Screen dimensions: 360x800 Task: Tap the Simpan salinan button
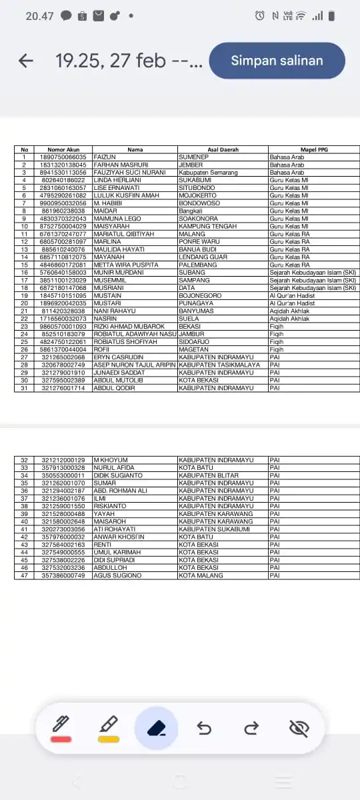[277, 61]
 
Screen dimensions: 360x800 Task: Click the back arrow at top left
[26, 61]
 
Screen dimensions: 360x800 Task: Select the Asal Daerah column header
[223, 150]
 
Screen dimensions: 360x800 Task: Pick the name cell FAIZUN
[106, 157]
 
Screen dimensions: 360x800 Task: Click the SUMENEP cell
[194, 157]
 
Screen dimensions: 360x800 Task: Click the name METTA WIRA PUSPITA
[126, 265]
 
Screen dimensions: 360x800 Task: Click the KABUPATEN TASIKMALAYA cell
[219, 365]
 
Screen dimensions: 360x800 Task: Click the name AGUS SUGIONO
[117, 575]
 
